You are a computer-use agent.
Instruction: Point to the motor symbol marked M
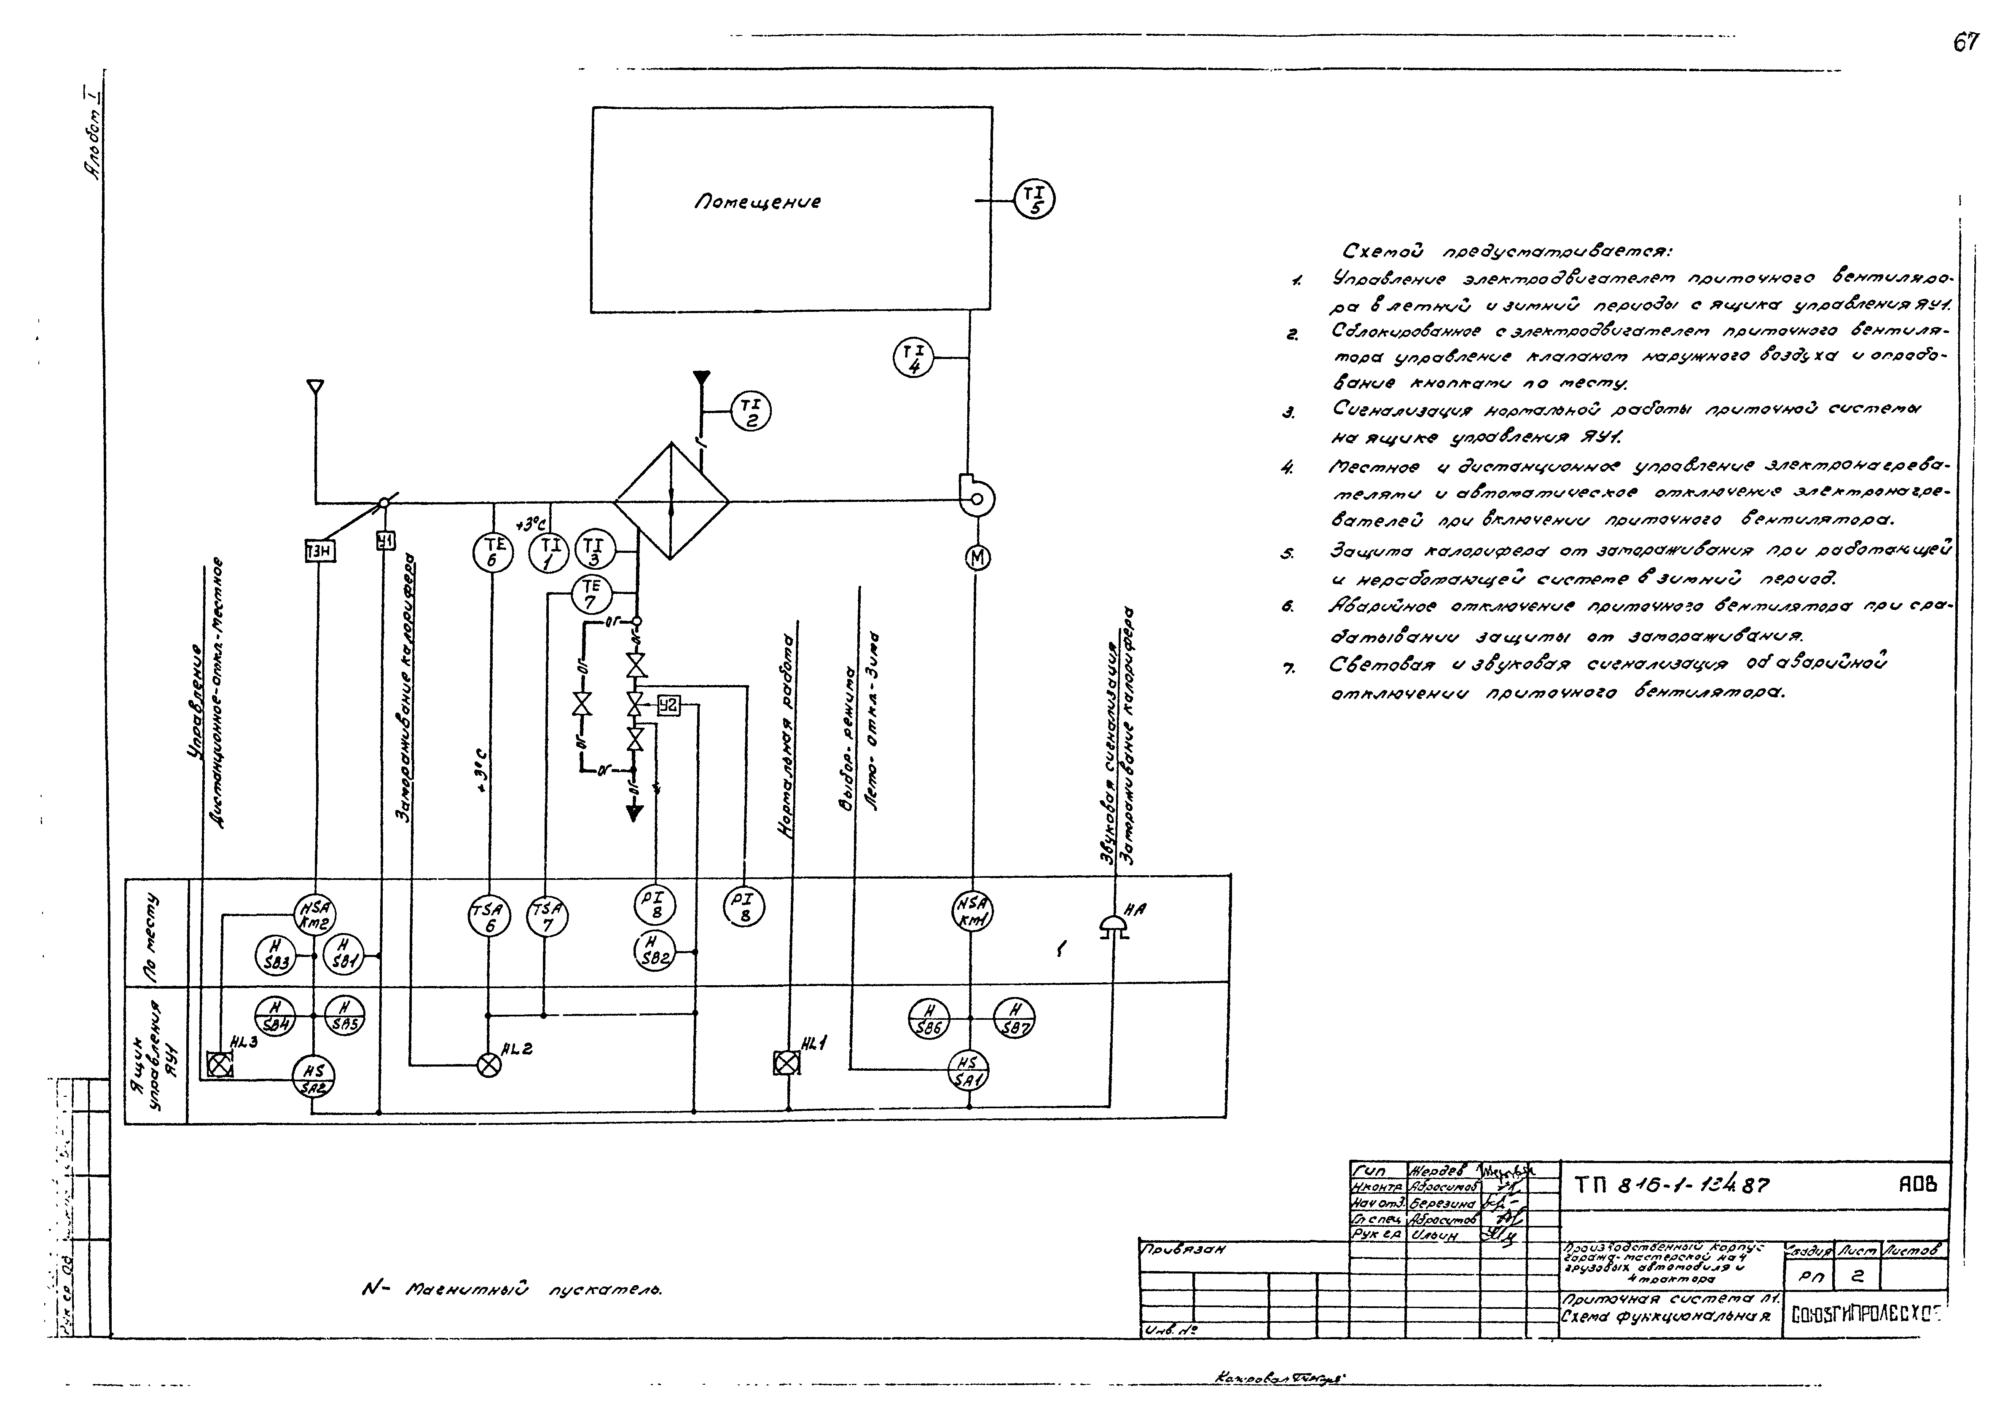point(977,558)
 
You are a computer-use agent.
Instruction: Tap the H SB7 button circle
point(1014,1019)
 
